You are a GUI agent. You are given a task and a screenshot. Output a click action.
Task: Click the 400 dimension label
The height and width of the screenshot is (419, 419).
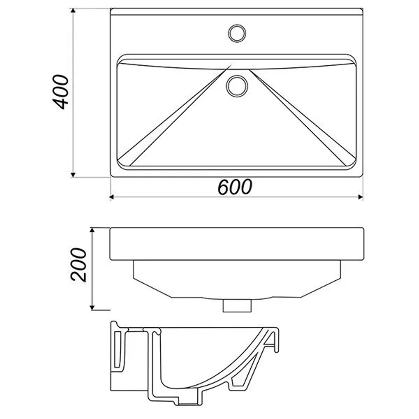coord(61,92)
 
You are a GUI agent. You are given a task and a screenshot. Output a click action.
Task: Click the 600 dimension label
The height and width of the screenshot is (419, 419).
coord(235,187)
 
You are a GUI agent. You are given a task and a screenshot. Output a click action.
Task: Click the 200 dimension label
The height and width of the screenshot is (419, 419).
coord(79,264)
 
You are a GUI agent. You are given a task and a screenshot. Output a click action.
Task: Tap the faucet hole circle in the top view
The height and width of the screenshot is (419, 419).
coord(237,34)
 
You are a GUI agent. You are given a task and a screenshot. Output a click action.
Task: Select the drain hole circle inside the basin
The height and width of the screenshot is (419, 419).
coord(237,86)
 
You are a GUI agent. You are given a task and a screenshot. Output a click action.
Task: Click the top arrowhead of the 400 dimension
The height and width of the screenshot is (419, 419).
coord(73,11)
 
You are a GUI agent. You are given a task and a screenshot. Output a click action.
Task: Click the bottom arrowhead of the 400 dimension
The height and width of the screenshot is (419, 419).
coord(73,175)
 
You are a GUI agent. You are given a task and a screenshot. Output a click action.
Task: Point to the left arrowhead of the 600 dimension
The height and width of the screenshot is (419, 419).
coord(112,197)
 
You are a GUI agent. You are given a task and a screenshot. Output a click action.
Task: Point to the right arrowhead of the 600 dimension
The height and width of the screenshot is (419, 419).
coord(360,197)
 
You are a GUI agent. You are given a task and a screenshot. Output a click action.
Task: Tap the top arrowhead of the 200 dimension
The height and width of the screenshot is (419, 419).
coord(92,230)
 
